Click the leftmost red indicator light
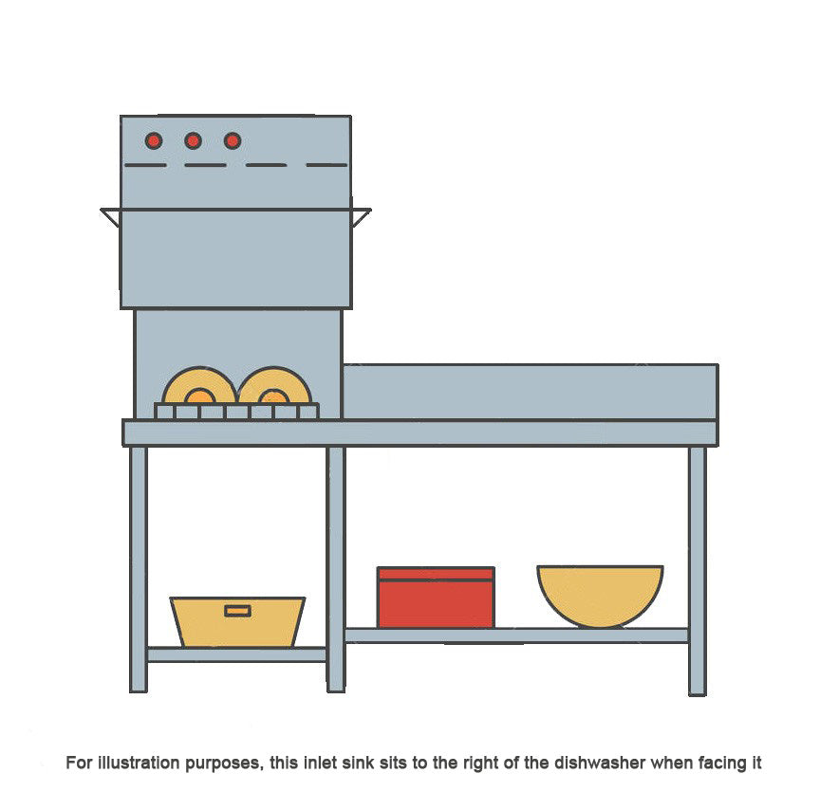click(x=154, y=140)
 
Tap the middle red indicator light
click(x=193, y=140)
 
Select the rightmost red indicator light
click(x=233, y=140)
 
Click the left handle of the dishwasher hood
click(x=111, y=216)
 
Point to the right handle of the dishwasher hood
click(x=362, y=216)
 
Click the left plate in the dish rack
click(x=199, y=386)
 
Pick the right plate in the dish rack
click(x=274, y=386)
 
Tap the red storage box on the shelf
click(x=436, y=598)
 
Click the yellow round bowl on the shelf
click(x=601, y=596)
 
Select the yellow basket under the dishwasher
click(x=237, y=622)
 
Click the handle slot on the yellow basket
click(x=238, y=611)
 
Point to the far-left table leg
click(x=138, y=569)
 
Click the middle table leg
click(x=336, y=569)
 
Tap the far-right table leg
click(x=698, y=571)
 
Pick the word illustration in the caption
click(x=139, y=763)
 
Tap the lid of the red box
click(x=436, y=574)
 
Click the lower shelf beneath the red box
click(x=516, y=635)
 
